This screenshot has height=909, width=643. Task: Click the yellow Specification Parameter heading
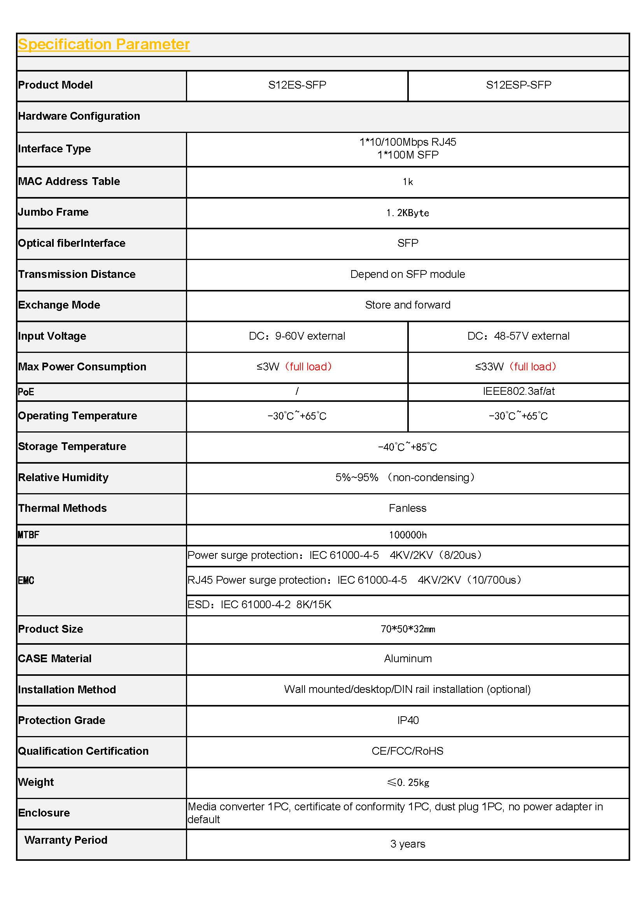104,44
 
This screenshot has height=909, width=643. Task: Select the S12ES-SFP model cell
297,85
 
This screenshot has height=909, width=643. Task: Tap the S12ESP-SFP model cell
518,85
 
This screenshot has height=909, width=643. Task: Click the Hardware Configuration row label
79,116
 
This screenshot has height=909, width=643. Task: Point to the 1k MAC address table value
407,182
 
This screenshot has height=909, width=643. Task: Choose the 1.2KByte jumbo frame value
407,213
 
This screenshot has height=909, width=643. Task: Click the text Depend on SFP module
407,274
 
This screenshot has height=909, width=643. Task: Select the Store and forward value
407,305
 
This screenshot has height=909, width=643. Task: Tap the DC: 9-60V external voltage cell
297,336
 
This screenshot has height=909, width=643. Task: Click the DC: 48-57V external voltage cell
518,336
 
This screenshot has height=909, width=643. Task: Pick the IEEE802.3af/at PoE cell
518,391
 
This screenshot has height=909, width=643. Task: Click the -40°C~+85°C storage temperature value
407,447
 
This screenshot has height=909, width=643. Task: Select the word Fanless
407,508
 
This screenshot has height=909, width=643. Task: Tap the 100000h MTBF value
407,535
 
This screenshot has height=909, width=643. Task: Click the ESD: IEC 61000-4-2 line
259,605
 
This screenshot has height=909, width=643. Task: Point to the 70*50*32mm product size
407,629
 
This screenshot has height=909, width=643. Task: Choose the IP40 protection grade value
407,720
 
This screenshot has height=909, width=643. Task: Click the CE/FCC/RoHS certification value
407,751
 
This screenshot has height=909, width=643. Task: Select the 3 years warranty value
407,844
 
